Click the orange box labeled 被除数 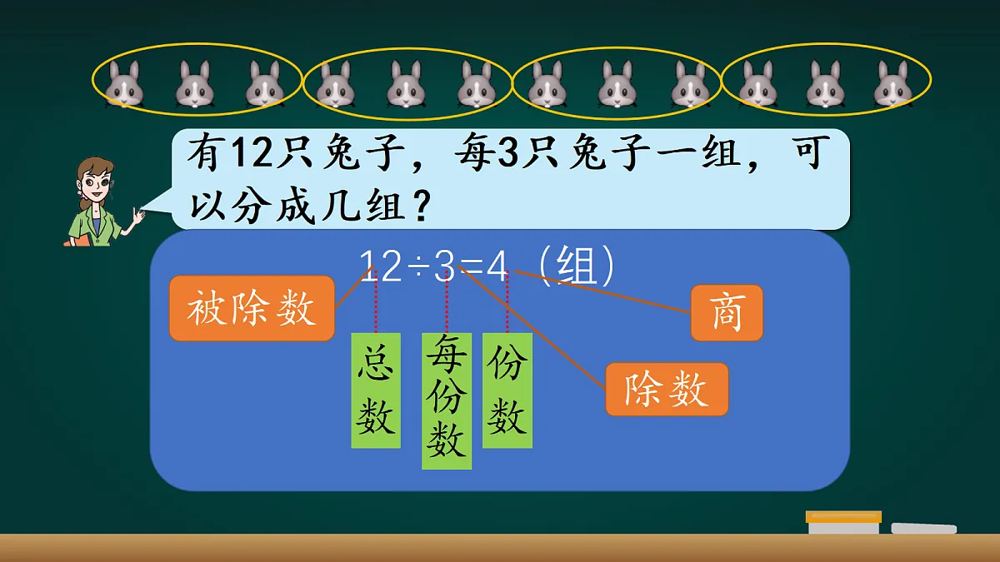click(252, 309)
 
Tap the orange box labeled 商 click(727, 314)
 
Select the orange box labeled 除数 click(666, 389)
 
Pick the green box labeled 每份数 click(446, 400)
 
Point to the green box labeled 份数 click(507, 390)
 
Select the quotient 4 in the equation click(497, 267)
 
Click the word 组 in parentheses click(575, 267)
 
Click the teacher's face click(95, 182)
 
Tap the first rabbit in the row click(124, 84)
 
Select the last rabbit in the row click(892, 84)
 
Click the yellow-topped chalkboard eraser click(843, 522)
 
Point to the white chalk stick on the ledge click(923, 528)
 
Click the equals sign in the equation click(472, 267)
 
